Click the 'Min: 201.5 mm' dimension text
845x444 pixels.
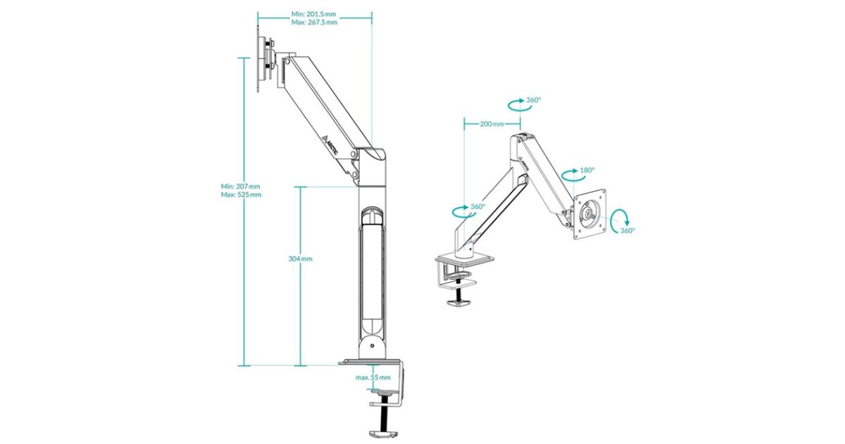(313, 14)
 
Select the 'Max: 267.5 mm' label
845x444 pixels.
(314, 23)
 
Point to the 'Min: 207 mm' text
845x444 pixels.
(240, 186)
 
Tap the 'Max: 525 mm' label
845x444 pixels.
(241, 195)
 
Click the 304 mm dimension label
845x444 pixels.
(300, 259)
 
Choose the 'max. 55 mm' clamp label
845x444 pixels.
(373, 377)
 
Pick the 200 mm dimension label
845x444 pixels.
(492, 124)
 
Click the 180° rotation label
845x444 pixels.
(587, 171)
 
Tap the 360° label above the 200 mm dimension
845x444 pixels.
(534, 100)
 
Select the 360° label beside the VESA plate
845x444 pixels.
(627, 230)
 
